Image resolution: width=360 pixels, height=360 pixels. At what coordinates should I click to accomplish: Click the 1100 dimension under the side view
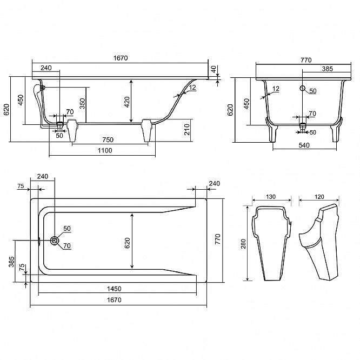coord(105,151)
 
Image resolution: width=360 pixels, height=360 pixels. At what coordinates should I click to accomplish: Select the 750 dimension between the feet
coord(108,140)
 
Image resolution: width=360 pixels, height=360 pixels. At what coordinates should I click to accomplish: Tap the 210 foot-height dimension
coord(188,129)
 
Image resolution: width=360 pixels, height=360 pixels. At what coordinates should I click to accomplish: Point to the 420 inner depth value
coord(126,102)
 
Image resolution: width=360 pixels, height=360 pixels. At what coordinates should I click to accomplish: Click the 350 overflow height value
coord(82,103)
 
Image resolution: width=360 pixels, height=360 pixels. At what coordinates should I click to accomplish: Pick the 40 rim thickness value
coord(214,69)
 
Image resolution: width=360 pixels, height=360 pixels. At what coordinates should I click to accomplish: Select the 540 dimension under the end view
coord(304,145)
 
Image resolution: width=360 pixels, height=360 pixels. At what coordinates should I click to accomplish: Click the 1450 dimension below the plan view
coord(114,289)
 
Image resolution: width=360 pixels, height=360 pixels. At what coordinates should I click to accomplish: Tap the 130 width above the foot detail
coord(271,197)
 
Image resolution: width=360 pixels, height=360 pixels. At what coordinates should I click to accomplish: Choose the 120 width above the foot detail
coord(319,197)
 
